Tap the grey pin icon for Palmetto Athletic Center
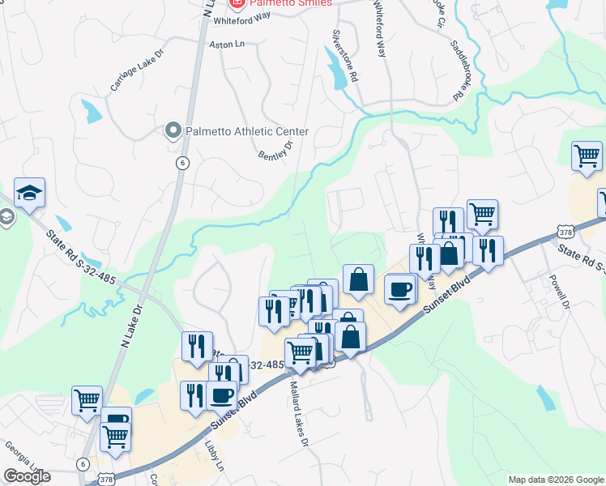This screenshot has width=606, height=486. click(172, 130)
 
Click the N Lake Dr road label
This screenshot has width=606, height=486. click(131, 326)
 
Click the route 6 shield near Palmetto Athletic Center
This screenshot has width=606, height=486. click(183, 163)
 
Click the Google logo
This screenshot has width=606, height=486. click(27, 476)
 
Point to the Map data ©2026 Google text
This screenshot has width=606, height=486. click(555, 480)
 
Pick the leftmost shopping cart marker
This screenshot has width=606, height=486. click(87, 399)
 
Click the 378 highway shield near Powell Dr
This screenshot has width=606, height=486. click(565, 232)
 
